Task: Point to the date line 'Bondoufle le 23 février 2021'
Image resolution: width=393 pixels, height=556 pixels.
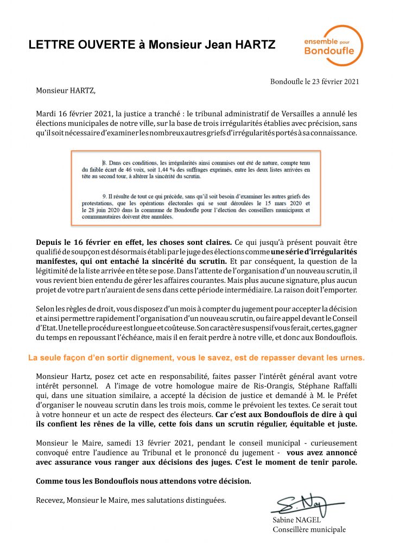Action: coord(314,81)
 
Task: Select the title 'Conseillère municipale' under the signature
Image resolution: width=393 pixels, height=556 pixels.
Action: coord(309,529)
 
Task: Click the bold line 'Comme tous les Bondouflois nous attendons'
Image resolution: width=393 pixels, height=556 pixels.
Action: coord(144,482)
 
